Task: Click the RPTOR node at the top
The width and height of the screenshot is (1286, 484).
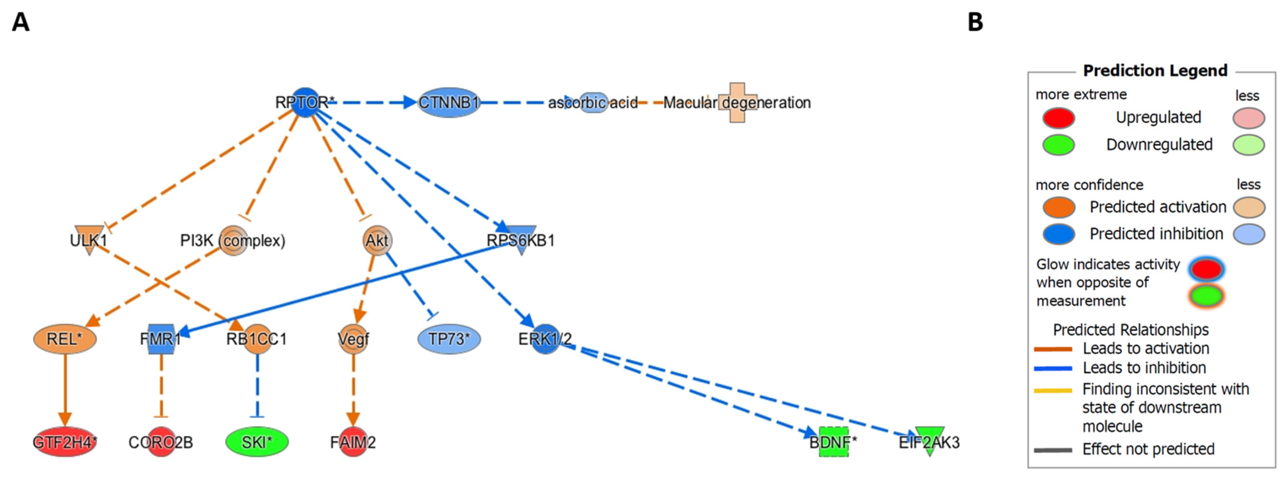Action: (x=305, y=102)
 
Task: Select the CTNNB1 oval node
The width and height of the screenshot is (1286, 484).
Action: (x=448, y=102)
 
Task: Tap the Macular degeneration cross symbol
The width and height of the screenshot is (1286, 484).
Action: (x=737, y=102)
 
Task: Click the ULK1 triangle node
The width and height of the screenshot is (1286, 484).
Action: (x=89, y=239)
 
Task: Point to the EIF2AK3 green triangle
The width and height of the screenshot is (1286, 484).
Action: (x=929, y=439)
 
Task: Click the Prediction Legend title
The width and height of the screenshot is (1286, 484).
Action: (x=1155, y=70)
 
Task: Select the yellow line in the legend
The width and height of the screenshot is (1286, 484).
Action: (x=1053, y=390)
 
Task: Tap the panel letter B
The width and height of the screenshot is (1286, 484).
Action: (x=975, y=22)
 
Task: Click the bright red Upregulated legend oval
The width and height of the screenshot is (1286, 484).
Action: (x=1058, y=118)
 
